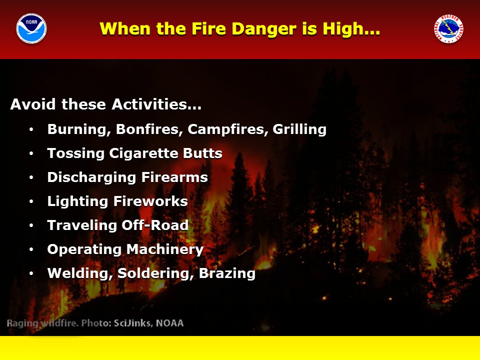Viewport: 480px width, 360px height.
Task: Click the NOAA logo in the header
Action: click(31, 28)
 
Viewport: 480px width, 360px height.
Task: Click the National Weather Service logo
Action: click(448, 28)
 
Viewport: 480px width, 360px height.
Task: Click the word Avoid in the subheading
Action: click(33, 104)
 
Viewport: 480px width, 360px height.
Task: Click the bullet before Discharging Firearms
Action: click(31, 177)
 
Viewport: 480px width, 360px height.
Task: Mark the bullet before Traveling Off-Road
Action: click(31, 225)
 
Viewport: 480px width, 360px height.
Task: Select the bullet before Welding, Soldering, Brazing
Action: click(31, 273)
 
